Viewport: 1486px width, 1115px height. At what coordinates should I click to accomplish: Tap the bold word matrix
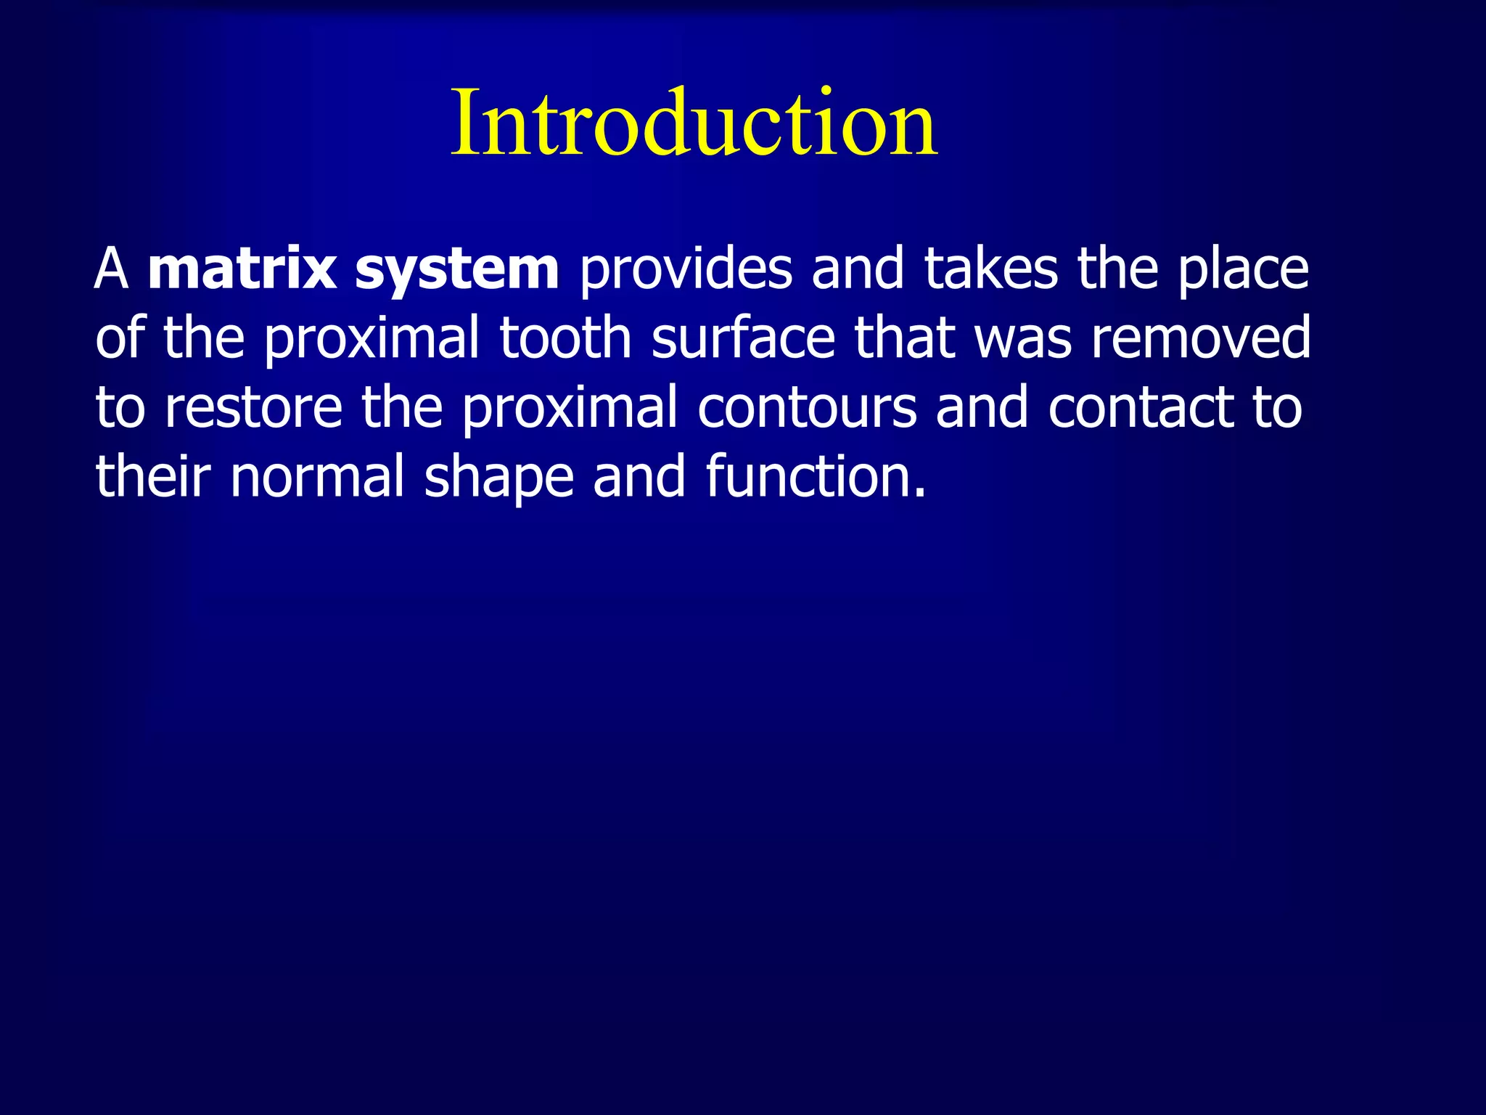click(x=242, y=269)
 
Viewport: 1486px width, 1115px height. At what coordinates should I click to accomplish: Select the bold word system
click(x=457, y=269)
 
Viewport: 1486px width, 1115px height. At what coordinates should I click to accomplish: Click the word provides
click(x=686, y=269)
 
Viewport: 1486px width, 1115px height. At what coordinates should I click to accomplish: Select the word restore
click(x=253, y=408)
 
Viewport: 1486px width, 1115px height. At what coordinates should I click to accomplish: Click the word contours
click(x=807, y=408)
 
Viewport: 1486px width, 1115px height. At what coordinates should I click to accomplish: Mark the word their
click(x=153, y=477)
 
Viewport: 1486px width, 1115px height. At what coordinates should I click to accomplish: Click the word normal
click(x=317, y=477)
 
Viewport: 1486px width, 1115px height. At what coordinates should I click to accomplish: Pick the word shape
click(x=499, y=477)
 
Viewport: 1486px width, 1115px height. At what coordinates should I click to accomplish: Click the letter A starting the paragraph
click(x=111, y=269)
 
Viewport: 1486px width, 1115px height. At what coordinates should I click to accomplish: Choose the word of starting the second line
click(x=120, y=338)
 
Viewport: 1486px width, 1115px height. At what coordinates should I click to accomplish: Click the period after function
click(x=920, y=494)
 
